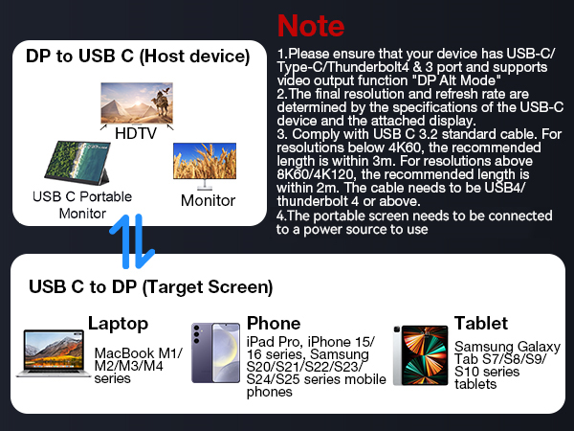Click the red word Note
click(310, 24)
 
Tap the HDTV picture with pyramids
click(136, 102)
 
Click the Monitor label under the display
click(208, 200)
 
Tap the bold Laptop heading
click(119, 324)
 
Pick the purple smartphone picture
click(215, 354)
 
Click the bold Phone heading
click(274, 324)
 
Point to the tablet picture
click(420, 355)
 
